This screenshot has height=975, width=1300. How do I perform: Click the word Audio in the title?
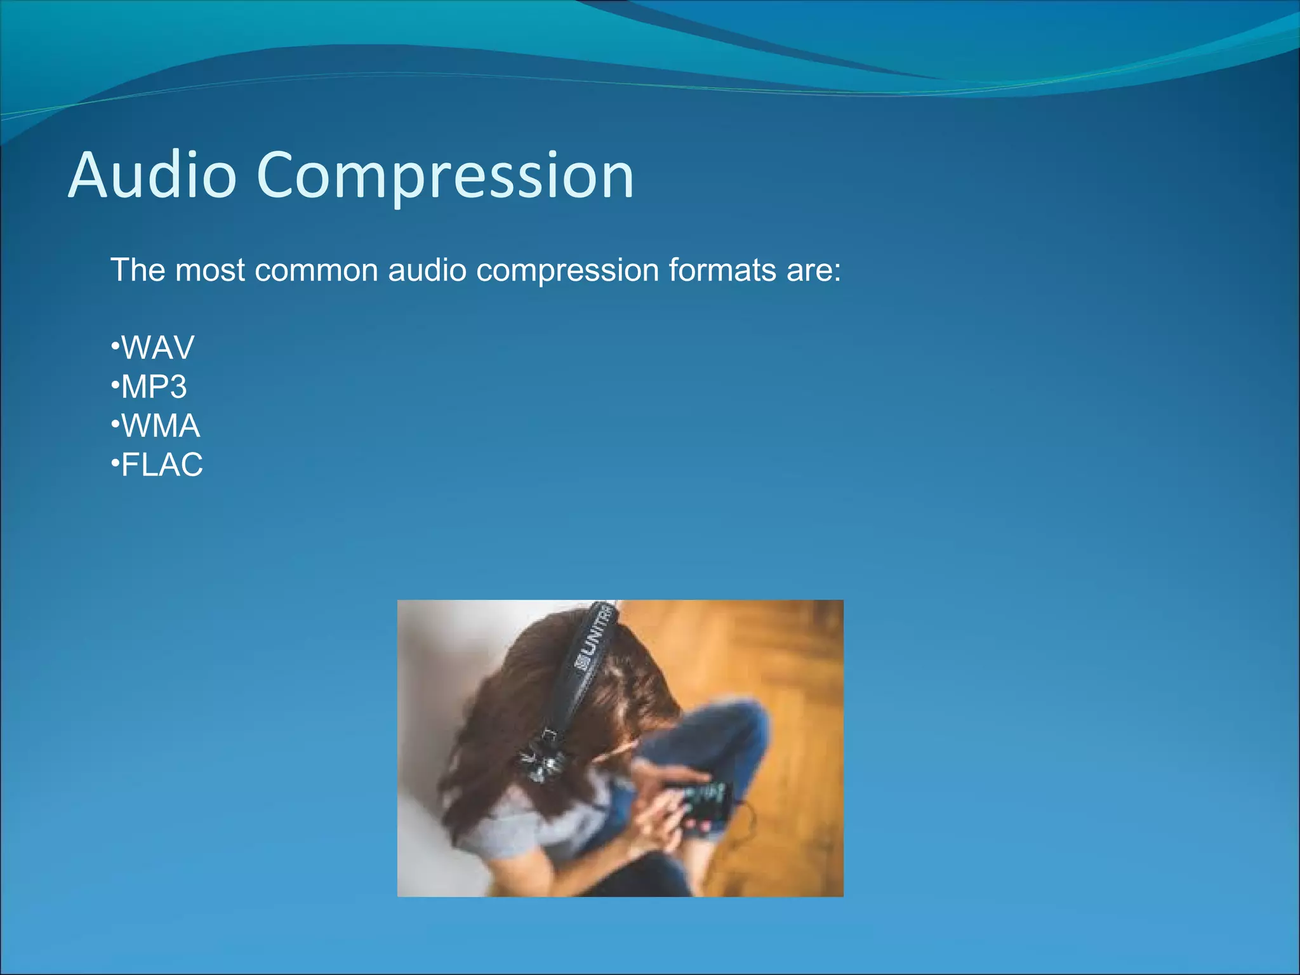(x=152, y=175)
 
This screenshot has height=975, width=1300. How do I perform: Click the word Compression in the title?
(x=445, y=176)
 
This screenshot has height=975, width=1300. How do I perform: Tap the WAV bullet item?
(x=157, y=348)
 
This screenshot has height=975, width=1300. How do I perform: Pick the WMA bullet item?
(x=160, y=426)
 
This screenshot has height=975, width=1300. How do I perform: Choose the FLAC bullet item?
(x=161, y=465)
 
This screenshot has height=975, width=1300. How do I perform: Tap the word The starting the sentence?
(x=138, y=270)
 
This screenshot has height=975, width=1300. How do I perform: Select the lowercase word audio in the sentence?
(x=427, y=270)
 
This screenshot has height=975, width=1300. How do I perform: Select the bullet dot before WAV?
(x=115, y=347)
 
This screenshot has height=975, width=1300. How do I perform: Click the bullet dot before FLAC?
(x=115, y=464)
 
